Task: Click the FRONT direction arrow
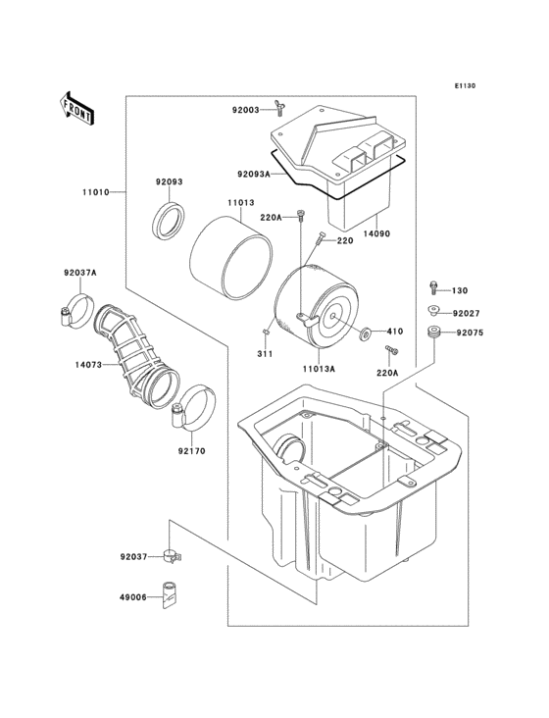pyautogui.click(x=77, y=107)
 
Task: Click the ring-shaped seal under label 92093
pyautogui.click(x=170, y=221)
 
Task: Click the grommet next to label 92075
pyautogui.click(x=431, y=333)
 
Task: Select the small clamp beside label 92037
pyautogui.click(x=174, y=556)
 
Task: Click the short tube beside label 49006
pyautogui.click(x=174, y=594)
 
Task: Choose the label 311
pyautogui.click(x=266, y=352)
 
